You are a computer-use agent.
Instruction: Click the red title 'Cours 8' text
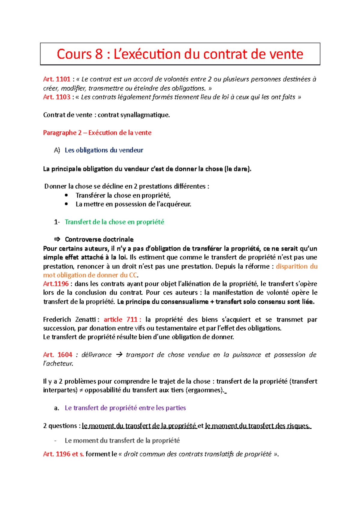pos(79,54)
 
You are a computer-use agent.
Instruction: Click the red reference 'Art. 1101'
pos(57,79)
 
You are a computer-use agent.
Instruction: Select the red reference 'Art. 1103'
pos(57,97)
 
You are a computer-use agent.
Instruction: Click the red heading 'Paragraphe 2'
pos(62,132)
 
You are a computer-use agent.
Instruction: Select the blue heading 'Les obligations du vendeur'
pos(104,150)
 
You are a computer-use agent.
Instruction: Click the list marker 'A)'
pos(57,150)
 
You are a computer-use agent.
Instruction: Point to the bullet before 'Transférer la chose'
pos(66,195)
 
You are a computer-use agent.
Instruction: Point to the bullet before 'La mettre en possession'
pos(66,204)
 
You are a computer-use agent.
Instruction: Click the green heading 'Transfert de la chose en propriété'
pos(114,222)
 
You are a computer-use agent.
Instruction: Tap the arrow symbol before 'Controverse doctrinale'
pos(57,239)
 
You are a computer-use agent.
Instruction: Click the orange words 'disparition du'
pos(296,266)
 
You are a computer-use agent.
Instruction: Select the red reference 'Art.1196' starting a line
pos(56,284)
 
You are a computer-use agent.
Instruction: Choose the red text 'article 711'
pos(121,319)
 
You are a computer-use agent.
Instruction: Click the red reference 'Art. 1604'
pos(58,355)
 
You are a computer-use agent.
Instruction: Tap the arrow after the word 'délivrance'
pos(119,355)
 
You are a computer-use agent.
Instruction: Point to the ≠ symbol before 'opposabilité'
pos(81,390)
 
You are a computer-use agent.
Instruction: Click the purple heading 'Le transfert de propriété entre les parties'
pos(125,408)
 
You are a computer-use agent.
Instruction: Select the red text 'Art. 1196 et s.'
pos(63,454)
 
